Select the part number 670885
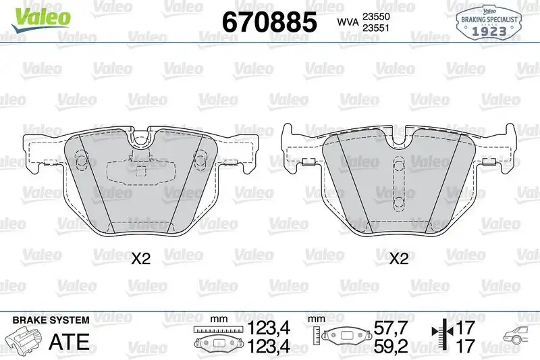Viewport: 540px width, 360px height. [x=269, y=23]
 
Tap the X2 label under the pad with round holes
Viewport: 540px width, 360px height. [x=139, y=259]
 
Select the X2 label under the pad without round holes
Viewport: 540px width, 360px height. [x=399, y=259]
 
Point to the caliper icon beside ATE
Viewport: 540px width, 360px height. [x=22, y=338]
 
